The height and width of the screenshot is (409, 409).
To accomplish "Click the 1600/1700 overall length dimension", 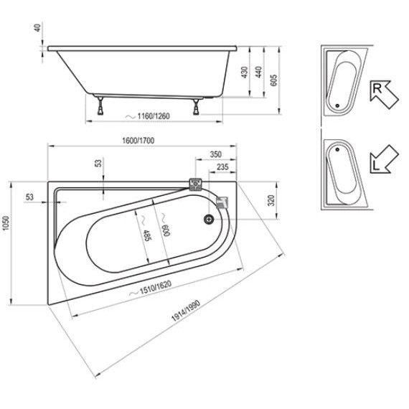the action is pyautogui.click(x=138, y=141).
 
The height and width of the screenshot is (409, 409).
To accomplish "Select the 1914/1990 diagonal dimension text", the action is pyautogui.click(x=186, y=311).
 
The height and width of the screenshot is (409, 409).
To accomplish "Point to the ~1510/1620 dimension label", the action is pyautogui.click(x=151, y=288).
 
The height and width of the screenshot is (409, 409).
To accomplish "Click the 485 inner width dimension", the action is pyautogui.click(x=146, y=235).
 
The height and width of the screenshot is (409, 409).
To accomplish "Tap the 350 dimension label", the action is pyautogui.click(x=216, y=154).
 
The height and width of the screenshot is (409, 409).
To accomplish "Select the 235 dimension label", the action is pyautogui.click(x=222, y=167).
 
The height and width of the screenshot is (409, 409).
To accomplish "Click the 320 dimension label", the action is pyautogui.click(x=271, y=200).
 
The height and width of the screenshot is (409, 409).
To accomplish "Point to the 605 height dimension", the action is pyautogui.click(x=273, y=80).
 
